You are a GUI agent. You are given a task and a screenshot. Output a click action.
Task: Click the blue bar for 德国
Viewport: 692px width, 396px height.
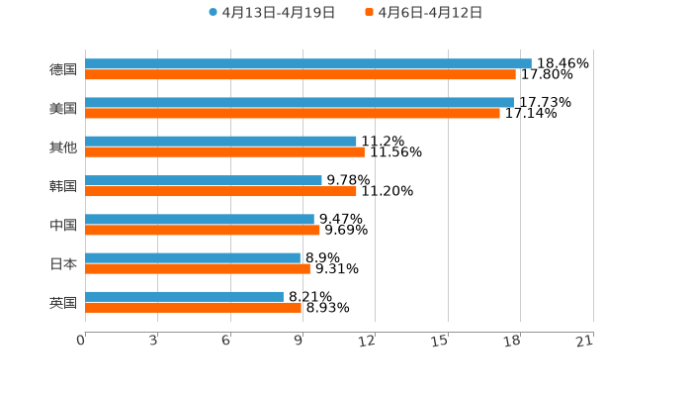click(307, 63)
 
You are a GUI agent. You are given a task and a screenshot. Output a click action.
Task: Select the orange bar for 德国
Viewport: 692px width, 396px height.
click(300, 74)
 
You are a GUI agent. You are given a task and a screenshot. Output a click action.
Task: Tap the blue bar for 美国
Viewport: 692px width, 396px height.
click(299, 102)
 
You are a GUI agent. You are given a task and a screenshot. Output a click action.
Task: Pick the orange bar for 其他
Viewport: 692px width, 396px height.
click(224, 151)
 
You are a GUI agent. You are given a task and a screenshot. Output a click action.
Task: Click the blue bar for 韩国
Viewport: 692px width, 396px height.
click(203, 180)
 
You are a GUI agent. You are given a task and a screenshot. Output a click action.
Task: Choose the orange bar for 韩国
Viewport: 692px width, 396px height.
click(220, 191)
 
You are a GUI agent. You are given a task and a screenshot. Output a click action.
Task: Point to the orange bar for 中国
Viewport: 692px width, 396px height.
click(202, 230)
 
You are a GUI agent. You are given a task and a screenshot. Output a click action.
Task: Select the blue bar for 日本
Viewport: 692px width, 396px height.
click(193, 257)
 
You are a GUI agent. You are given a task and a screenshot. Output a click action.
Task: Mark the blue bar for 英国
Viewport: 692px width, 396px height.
click(184, 296)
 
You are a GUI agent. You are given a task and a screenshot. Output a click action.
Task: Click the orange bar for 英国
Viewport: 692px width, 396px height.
click(193, 307)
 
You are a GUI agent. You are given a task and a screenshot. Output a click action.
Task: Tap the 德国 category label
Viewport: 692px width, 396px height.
click(63, 69)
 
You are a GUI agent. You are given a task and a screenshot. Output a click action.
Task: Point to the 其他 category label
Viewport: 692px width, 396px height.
click(63, 147)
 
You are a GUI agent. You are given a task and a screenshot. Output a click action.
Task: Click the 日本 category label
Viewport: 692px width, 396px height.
click(63, 263)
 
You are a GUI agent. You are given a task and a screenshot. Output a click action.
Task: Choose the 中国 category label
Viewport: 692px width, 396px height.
click(63, 225)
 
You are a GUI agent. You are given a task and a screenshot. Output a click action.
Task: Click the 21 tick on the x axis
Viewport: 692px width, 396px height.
click(585, 341)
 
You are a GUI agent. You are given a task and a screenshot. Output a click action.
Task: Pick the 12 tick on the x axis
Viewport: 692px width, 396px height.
click(368, 341)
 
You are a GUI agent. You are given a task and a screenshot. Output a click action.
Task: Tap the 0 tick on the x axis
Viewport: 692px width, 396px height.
click(81, 341)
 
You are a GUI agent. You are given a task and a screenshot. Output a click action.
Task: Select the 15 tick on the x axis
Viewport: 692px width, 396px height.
click(441, 341)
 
